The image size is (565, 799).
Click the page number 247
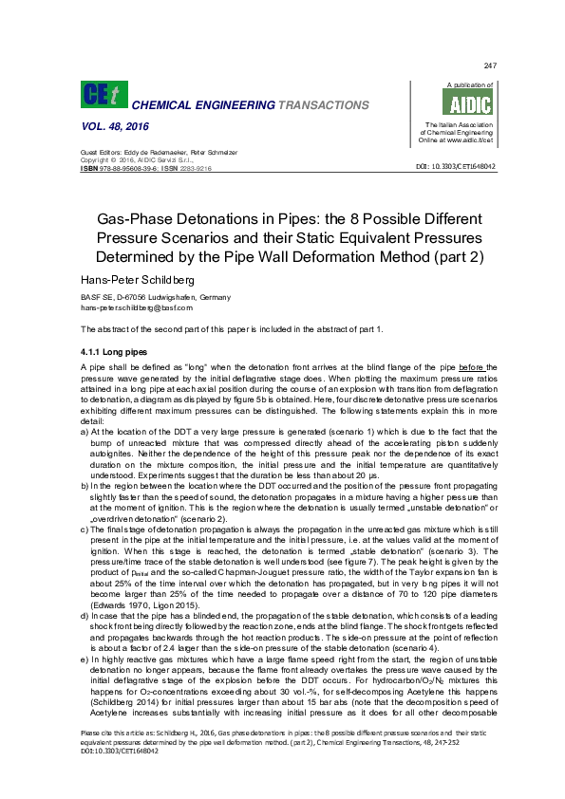(x=490, y=65)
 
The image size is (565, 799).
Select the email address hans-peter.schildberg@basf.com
(x=137, y=307)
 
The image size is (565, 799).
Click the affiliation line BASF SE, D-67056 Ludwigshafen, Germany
(x=161, y=298)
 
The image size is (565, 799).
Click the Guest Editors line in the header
(x=157, y=152)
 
